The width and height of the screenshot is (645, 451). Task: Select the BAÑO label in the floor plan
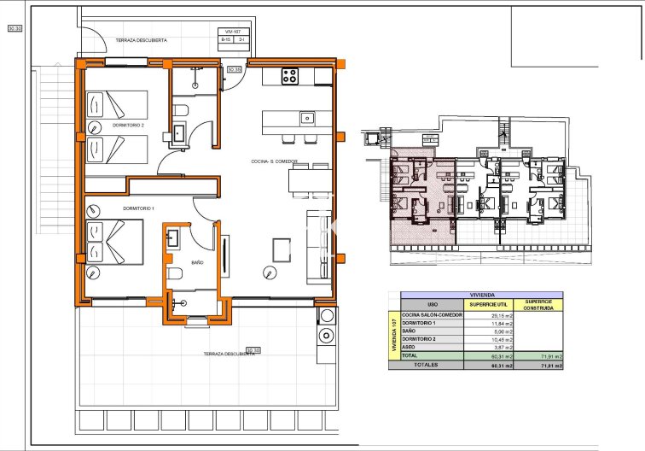coord(197,262)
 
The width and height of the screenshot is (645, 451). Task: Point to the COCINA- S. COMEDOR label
coord(275,161)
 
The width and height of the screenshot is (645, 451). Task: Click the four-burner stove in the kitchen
coord(289,76)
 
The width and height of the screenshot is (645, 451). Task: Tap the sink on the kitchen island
coord(306,117)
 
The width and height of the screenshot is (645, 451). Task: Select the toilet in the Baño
coord(175,273)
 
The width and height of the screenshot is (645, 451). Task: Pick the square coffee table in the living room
coord(282,249)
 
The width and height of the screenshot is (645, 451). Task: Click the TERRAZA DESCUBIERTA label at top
coord(142,40)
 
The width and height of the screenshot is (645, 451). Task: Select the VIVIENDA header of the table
coord(475,295)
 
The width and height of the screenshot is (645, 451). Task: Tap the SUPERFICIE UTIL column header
coord(490,304)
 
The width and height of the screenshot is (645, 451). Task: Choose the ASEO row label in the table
coord(409,348)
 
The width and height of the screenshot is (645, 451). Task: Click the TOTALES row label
coord(426,365)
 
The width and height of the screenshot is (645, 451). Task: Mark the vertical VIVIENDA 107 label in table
coord(394,335)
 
